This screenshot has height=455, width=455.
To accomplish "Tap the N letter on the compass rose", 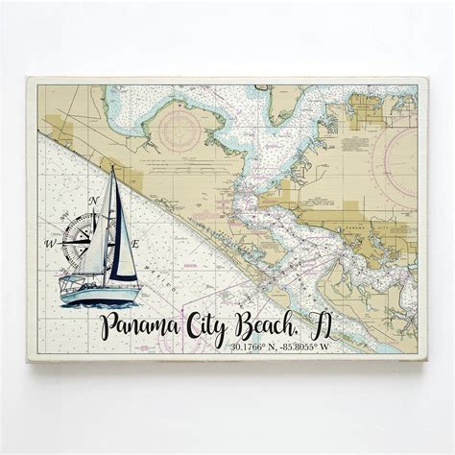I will click(x=93, y=201).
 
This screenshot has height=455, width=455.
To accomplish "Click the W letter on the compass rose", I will click(x=49, y=244).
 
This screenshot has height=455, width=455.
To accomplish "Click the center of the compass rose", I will click(x=80, y=233).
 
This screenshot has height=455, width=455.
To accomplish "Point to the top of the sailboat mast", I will click(x=113, y=167).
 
